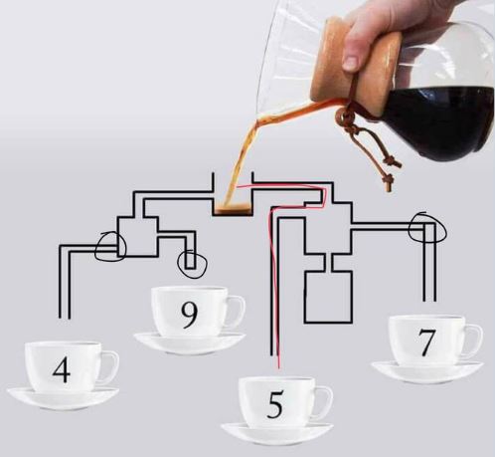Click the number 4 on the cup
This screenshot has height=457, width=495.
[62, 370]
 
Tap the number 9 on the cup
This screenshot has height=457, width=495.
[189, 316]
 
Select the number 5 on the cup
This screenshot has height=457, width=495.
[275, 404]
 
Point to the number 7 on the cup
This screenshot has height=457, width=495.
[425, 343]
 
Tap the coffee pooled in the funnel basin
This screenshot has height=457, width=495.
[233, 209]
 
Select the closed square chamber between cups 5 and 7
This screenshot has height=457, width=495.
[328, 297]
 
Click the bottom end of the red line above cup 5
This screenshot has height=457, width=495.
[279, 367]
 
